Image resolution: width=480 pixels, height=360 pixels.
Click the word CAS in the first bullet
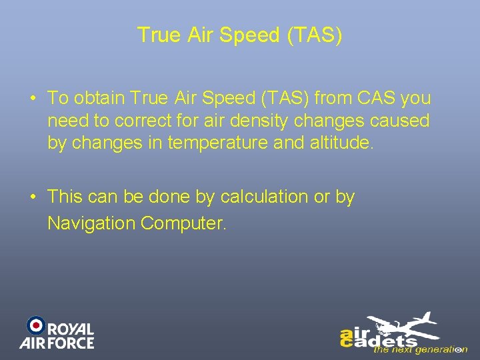tap(377, 98)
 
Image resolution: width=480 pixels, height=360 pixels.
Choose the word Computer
tap(184, 223)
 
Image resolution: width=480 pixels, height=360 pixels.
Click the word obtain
tap(100, 98)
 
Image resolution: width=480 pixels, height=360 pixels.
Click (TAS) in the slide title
tap(315, 35)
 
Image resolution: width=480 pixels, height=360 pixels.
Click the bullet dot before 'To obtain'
tap(33, 99)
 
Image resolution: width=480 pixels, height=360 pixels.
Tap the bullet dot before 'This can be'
tap(33, 198)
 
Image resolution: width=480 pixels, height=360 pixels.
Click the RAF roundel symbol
tap(35, 325)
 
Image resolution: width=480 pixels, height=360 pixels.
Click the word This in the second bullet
tap(65, 197)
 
